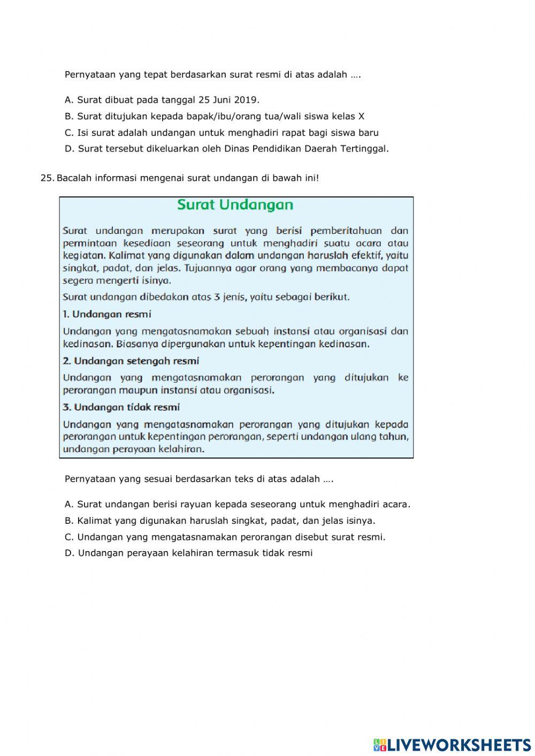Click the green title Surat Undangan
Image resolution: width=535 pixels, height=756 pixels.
[235, 205]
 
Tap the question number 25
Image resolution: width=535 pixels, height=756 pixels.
[47, 178]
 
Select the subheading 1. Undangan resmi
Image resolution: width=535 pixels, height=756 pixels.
[107, 314]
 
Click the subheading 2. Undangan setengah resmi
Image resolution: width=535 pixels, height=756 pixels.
[131, 361]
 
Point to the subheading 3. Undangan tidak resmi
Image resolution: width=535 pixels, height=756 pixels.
[121, 407]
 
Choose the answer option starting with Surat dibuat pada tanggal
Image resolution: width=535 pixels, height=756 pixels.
[162, 100]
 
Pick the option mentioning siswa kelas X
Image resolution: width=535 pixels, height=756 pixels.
[215, 116]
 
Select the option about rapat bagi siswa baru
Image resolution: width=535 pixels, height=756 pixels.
[221, 133]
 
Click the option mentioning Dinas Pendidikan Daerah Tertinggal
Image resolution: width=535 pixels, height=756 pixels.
[227, 149]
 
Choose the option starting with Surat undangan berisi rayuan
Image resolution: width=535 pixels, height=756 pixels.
[238, 504]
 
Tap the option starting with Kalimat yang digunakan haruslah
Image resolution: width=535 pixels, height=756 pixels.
[220, 521]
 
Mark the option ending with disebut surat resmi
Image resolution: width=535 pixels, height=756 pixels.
[225, 537]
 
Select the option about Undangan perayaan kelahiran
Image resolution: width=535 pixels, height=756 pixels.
[188, 553]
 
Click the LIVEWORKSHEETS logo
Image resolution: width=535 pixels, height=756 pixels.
[452, 745]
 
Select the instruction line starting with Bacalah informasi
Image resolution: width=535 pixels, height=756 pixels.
[187, 178]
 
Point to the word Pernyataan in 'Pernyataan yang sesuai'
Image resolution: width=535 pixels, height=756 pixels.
[89, 479]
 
